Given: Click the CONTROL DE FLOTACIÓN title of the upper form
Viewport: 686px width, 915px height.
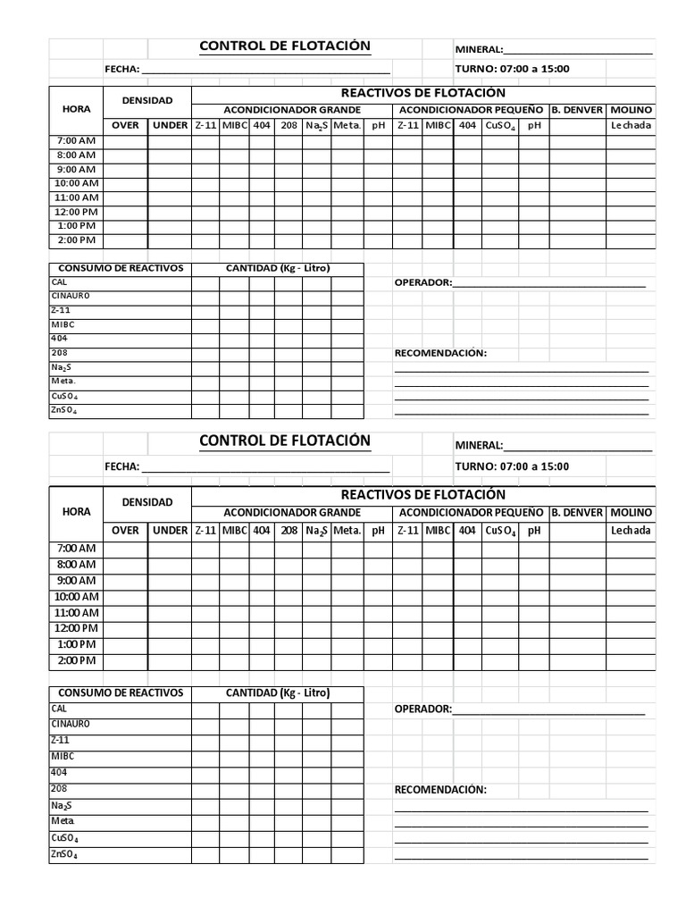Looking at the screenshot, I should [284, 46].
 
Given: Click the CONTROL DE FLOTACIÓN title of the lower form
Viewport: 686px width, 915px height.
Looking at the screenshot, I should [284, 441].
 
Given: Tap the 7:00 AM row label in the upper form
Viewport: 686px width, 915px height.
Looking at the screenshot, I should [76, 141].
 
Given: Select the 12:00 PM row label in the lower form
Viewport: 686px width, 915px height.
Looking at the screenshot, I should [76, 628].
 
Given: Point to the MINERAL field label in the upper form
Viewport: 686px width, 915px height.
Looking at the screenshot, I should [479, 50].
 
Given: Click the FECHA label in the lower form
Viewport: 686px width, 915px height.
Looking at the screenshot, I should [121, 466].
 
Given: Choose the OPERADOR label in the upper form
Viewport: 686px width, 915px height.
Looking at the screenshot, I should [422, 283].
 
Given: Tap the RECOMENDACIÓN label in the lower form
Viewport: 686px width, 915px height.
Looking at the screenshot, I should [440, 790].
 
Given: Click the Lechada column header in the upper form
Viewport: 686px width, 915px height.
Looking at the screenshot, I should [632, 126].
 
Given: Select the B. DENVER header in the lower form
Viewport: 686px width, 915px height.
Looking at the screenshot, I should [577, 512].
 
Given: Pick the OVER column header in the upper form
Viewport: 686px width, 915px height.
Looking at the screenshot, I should [125, 126].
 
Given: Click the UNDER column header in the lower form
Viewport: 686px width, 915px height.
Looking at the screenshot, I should [170, 531].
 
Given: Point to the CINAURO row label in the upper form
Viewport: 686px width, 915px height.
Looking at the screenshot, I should [71, 296].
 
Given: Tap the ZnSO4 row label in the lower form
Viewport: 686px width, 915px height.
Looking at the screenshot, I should [64, 855].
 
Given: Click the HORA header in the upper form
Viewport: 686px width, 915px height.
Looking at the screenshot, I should [76, 109].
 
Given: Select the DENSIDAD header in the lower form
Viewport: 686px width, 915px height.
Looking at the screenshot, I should [147, 502].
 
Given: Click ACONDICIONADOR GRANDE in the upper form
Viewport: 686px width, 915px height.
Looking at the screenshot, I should [291, 110].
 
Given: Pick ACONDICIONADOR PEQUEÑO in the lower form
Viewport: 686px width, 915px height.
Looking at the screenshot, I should [471, 512].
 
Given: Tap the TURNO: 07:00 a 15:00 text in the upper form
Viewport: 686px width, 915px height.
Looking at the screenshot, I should [512, 69].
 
